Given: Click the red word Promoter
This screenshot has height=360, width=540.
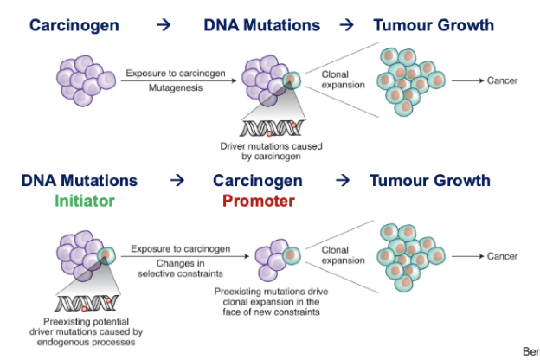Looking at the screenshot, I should pos(258,201).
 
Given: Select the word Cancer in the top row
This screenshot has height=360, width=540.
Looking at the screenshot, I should pos(502,80).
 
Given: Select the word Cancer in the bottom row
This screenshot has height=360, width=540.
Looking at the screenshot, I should pos(502,256).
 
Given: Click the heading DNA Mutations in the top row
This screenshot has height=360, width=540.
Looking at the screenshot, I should pos(261,25).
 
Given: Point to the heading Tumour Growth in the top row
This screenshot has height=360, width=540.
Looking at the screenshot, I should pos(433,25).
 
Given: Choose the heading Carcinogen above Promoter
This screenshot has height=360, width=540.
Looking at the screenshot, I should pos(258,181).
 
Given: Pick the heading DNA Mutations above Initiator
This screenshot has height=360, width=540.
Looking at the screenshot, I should pos(80,181).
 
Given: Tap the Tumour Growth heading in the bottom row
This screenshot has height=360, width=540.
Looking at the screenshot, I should pos(429,181).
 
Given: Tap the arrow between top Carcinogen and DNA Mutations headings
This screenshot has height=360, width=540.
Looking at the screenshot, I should pos(164,25).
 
